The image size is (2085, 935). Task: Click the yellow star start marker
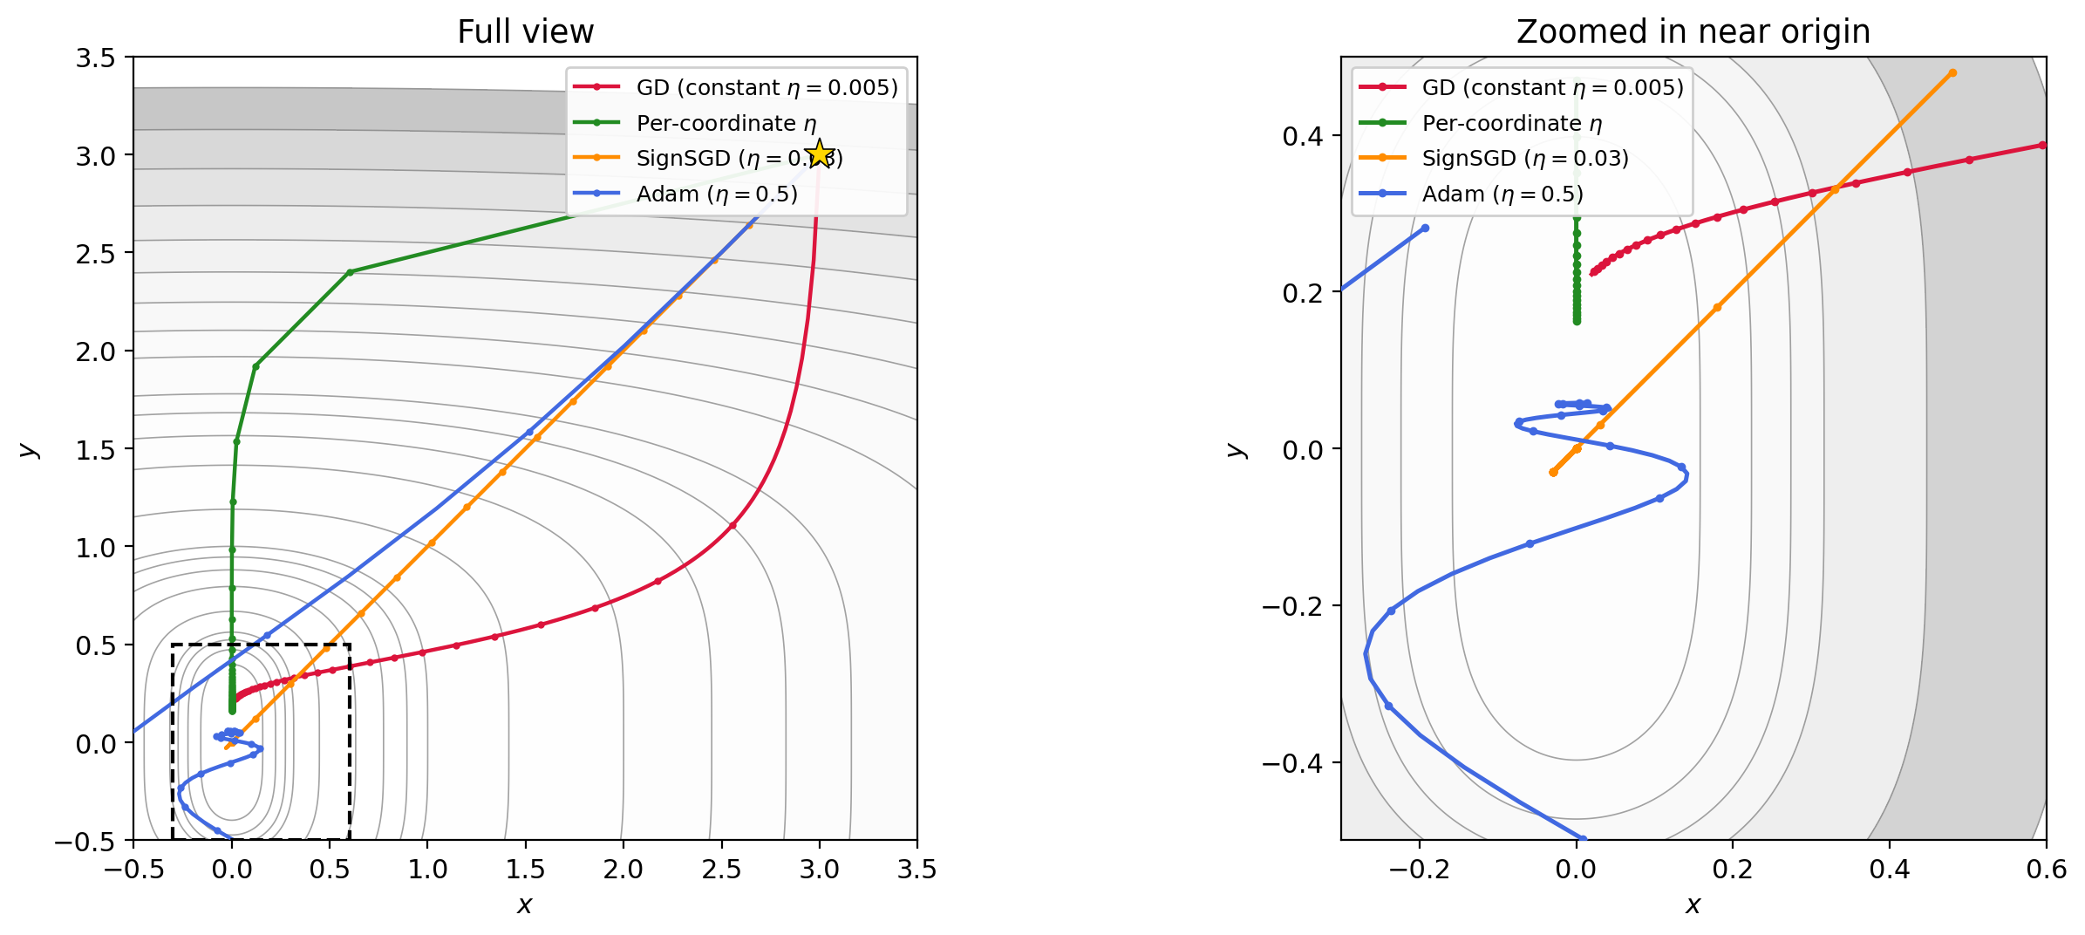(819, 154)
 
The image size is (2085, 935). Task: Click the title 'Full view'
(525, 32)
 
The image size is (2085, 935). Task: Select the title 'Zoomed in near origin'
(1693, 32)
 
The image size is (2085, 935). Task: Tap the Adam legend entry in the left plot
(716, 194)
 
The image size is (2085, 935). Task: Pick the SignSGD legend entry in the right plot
(1524, 158)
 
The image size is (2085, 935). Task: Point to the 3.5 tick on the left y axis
(95, 58)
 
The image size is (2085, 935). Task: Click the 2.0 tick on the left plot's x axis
(623, 870)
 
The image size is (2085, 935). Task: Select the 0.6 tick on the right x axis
(2046, 870)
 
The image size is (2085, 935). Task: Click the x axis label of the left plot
(524, 905)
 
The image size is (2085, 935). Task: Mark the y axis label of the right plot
(1236, 449)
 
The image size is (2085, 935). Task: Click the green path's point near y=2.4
(350, 272)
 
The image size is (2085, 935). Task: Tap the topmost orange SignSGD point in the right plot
(1952, 73)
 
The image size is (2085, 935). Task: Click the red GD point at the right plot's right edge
(2041, 146)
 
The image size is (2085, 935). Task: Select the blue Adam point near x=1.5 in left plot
(528, 432)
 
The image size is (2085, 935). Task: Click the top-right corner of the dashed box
(350, 645)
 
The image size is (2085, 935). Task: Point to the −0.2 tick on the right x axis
(1419, 870)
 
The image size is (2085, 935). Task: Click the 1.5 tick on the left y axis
(95, 449)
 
